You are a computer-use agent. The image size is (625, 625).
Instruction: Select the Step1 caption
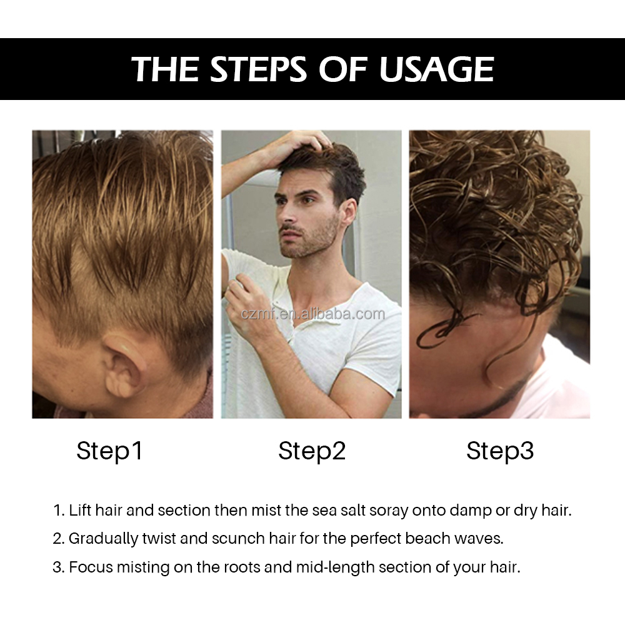pyautogui.click(x=109, y=451)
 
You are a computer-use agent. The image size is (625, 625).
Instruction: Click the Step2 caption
pyautogui.click(x=312, y=451)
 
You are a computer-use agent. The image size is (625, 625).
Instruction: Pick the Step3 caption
pyautogui.click(x=500, y=451)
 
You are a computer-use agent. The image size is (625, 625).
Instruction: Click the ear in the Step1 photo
pyautogui.click(x=124, y=369)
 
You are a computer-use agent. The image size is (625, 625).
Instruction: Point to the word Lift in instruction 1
pyautogui.click(x=79, y=511)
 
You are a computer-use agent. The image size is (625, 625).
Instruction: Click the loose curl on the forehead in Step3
pyautogui.click(x=441, y=331)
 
